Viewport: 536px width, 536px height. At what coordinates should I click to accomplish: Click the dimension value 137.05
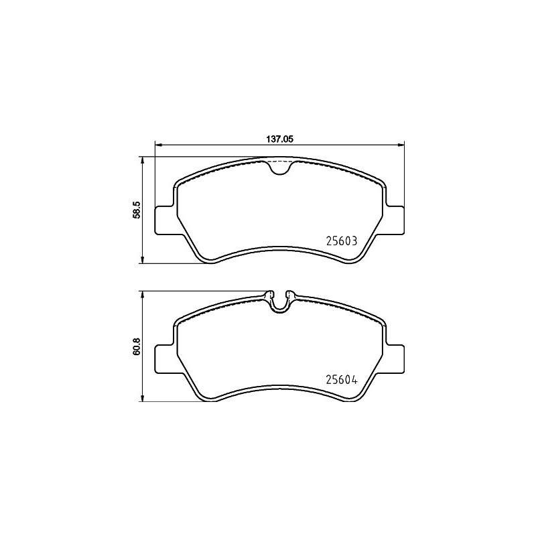pyautogui.click(x=280, y=139)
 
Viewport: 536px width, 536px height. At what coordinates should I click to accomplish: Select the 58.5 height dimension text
pyautogui.click(x=137, y=210)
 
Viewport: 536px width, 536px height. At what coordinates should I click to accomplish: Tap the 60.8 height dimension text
pyautogui.click(x=137, y=346)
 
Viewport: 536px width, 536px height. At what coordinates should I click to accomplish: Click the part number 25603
pyautogui.click(x=342, y=241)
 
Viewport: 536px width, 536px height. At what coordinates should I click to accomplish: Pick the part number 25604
pyautogui.click(x=342, y=380)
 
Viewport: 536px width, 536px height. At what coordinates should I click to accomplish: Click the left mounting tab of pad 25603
pyautogui.click(x=166, y=220)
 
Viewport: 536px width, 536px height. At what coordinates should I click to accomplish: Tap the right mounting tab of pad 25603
pyautogui.click(x=394, y=220)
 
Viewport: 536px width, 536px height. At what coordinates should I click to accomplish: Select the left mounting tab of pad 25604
pyautogui.click(x=166, y=359)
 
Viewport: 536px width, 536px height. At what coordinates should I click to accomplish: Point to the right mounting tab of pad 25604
pyautogui.click(x=394, y=359)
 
